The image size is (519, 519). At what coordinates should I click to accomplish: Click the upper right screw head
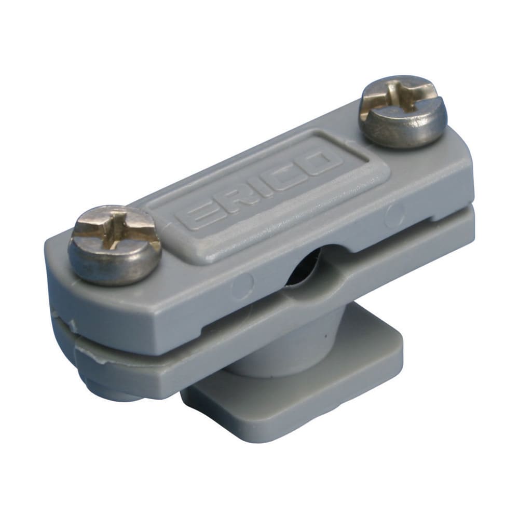tap(402, 112)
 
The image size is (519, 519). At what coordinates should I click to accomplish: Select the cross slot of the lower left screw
tap(115, 233)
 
